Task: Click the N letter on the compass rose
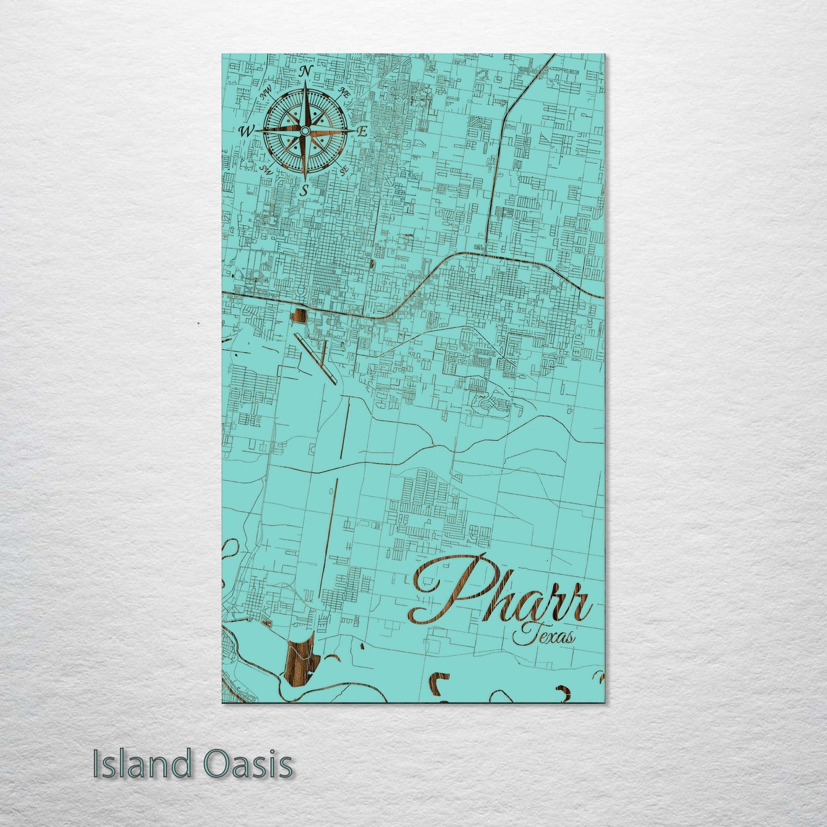tap(306, 71)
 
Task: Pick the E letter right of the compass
tap(362, 131)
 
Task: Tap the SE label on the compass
tap(344, 171)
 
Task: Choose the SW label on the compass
tap(265, 169)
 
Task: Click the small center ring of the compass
tap(305, 131)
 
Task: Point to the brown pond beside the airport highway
tap(298, 314)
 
